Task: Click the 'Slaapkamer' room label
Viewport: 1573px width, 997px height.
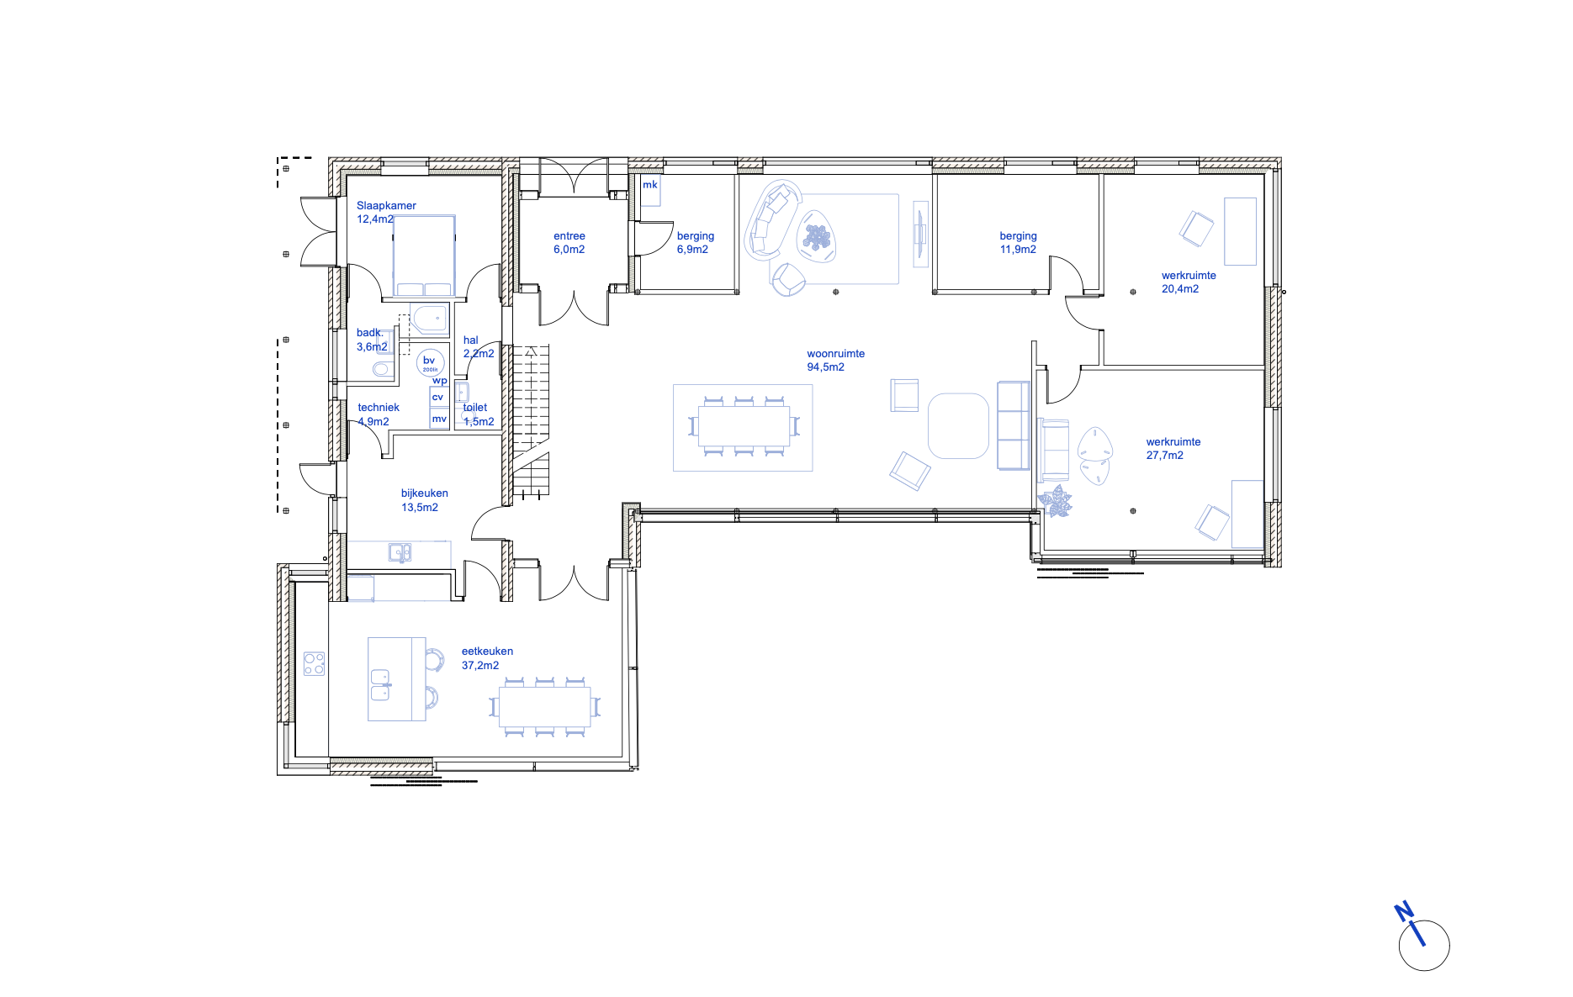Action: point(386,205)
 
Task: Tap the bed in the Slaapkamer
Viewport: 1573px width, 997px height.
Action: point(424,255)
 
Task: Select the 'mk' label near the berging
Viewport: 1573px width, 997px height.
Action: point(650,185)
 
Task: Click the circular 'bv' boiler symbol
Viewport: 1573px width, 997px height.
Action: point(430,362)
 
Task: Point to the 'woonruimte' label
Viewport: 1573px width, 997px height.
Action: point(835,354)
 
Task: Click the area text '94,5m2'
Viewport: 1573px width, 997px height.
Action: point(825,367)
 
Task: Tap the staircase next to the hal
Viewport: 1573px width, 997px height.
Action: point(531,420)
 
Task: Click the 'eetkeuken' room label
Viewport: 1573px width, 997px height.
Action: point(487,651)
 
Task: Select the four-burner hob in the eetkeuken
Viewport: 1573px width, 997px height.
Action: point(315,664)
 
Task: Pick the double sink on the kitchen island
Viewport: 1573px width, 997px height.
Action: point(381,684)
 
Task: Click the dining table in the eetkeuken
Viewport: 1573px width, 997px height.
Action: point(544,707)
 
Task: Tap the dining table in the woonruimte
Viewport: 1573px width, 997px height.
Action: point(744,426)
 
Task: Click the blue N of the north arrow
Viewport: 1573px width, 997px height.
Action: point(1404,911)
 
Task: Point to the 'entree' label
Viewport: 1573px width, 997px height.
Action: point(569,236)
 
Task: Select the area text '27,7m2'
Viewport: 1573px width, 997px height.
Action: point(1164,456)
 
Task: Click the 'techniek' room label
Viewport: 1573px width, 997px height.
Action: point(379,408)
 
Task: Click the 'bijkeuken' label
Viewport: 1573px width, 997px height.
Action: point(424,493)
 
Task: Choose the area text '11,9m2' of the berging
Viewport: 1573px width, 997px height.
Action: point(1018,250)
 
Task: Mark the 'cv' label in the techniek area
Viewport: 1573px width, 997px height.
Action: point(437,397)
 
